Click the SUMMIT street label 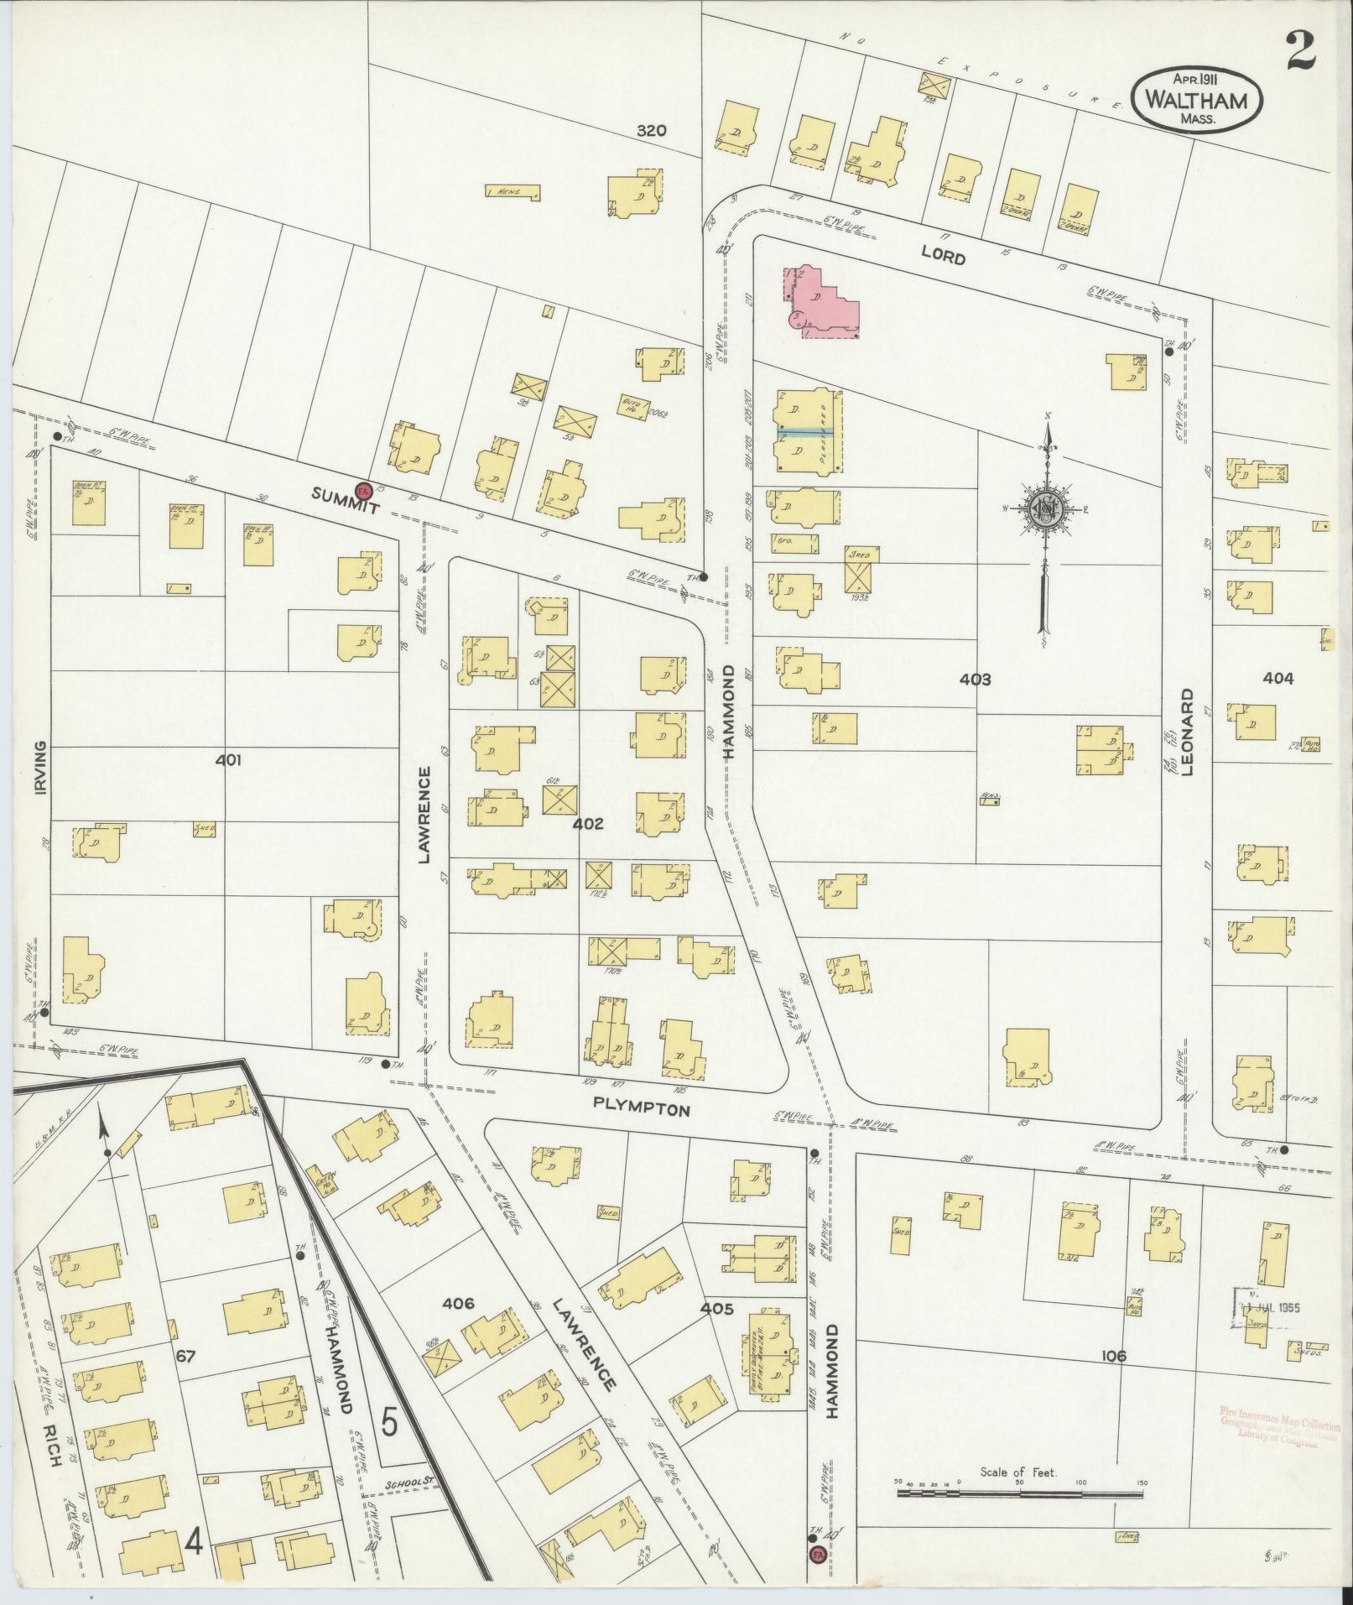345,502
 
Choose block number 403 976,680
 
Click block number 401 227,760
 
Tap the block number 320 650,130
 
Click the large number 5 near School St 389,1421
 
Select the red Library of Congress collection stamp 1279,1424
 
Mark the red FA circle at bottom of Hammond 816,1555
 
